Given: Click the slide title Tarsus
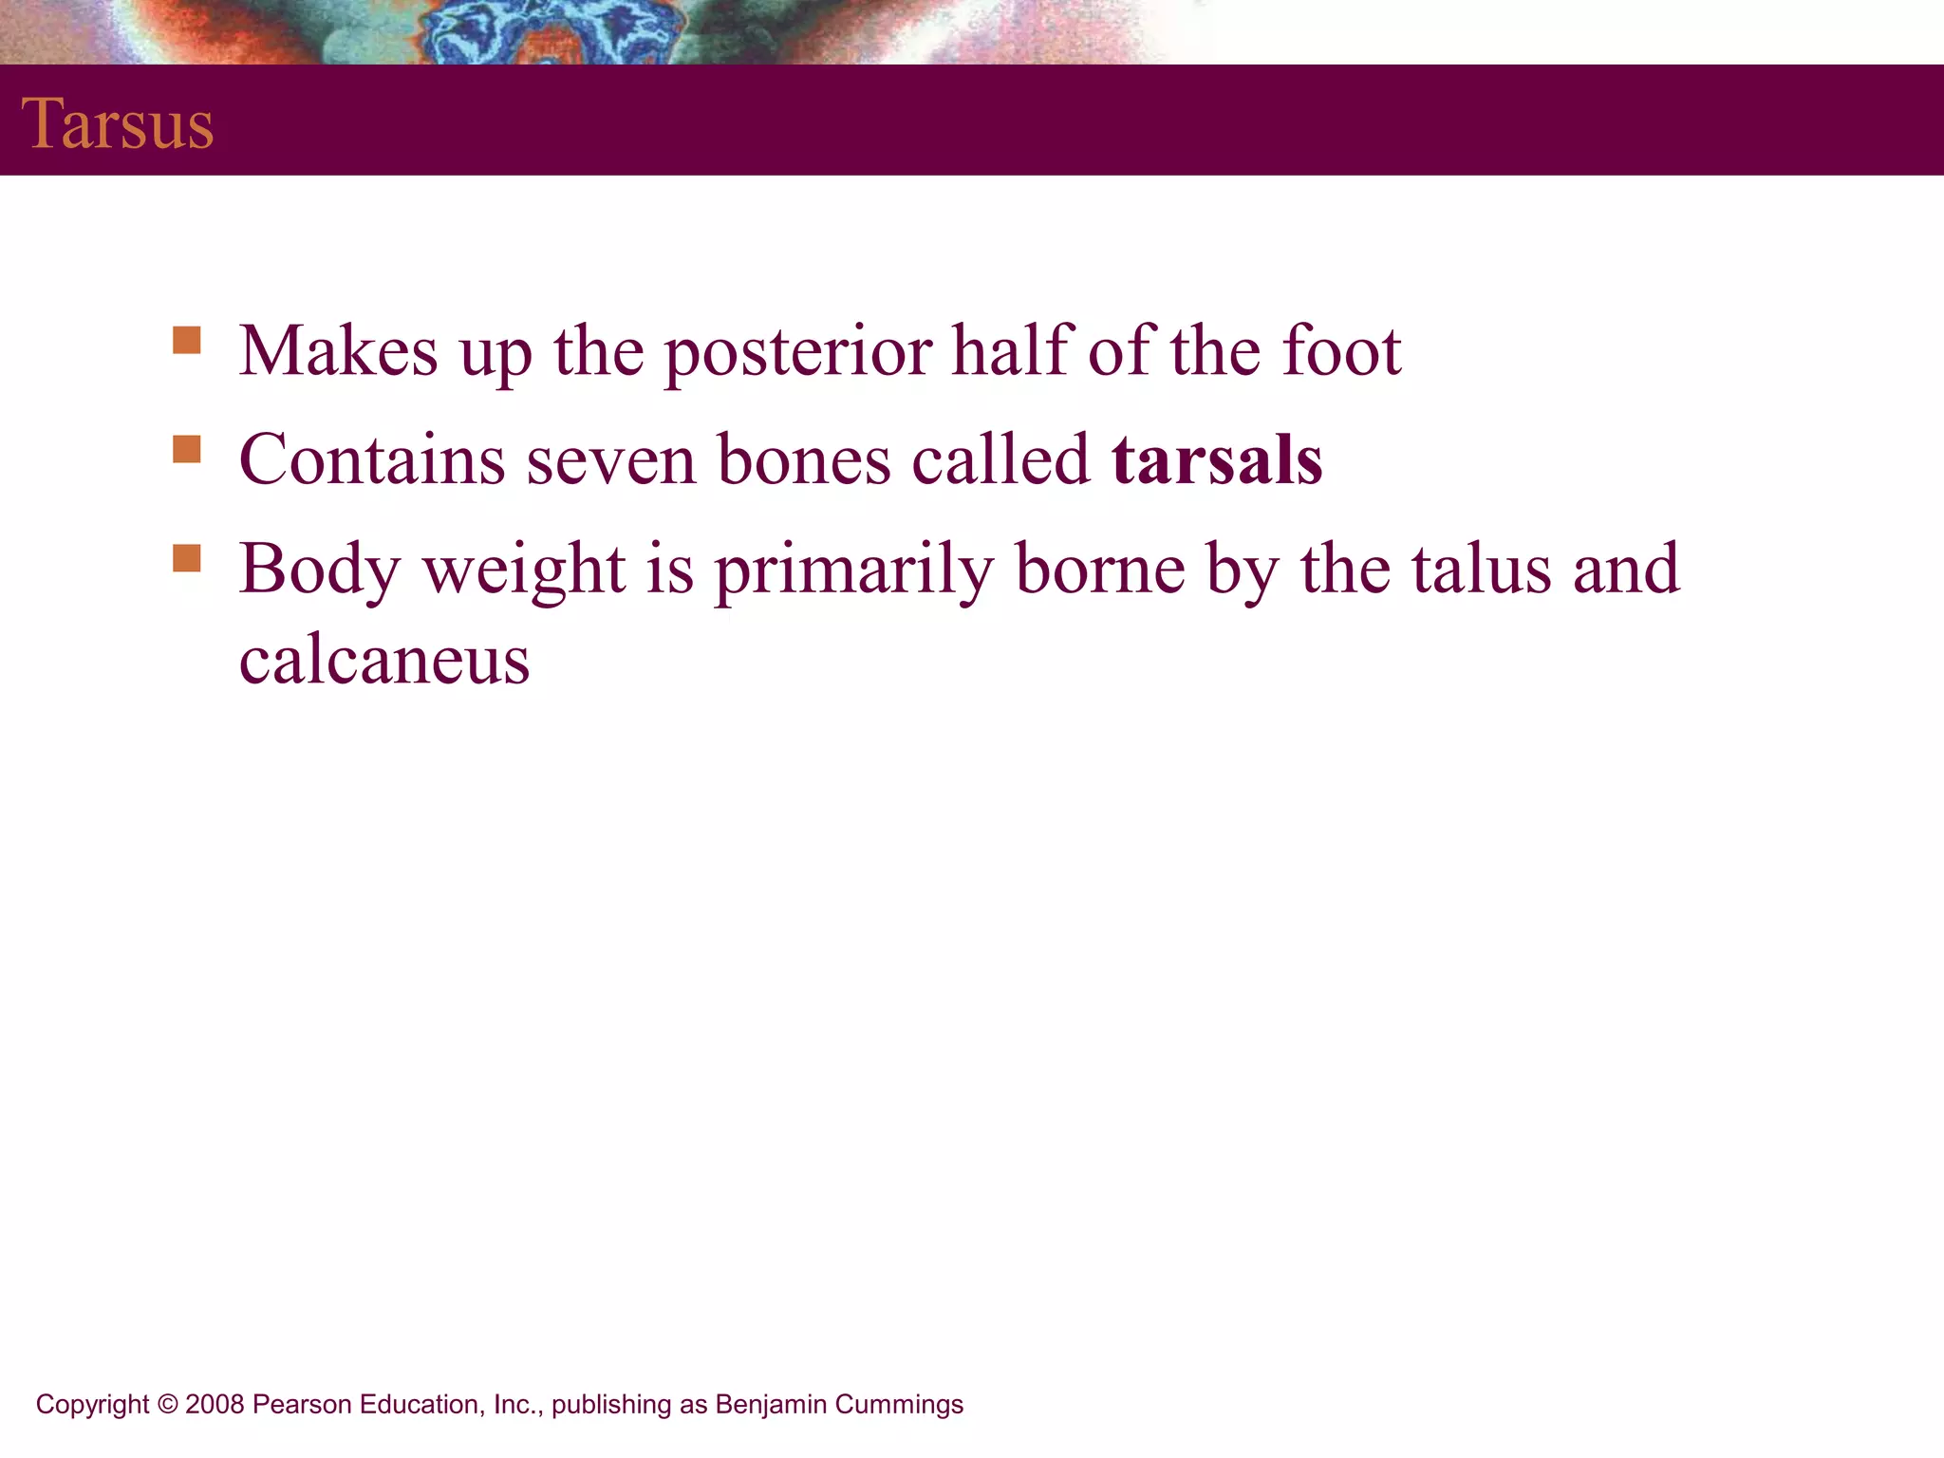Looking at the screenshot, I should [x=118, y=124].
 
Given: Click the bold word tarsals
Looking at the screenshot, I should [x=1217, y=460].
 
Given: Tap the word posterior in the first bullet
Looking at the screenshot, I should [x=797, y=352].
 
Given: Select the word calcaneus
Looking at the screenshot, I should [x=384, y=661].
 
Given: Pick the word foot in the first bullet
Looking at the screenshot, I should [x=1341, y=351].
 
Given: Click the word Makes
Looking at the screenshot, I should [x=338, y=352].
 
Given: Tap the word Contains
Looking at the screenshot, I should [x=372, y=460].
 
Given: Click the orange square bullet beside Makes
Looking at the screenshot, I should [x=187, y=340].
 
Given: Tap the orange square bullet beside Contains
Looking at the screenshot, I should [x=187, y=449].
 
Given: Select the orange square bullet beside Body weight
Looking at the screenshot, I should [x=187, y=558].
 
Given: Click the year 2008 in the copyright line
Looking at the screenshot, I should [x=215, y=1405].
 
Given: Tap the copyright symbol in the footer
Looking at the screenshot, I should [x=168, y=1405].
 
